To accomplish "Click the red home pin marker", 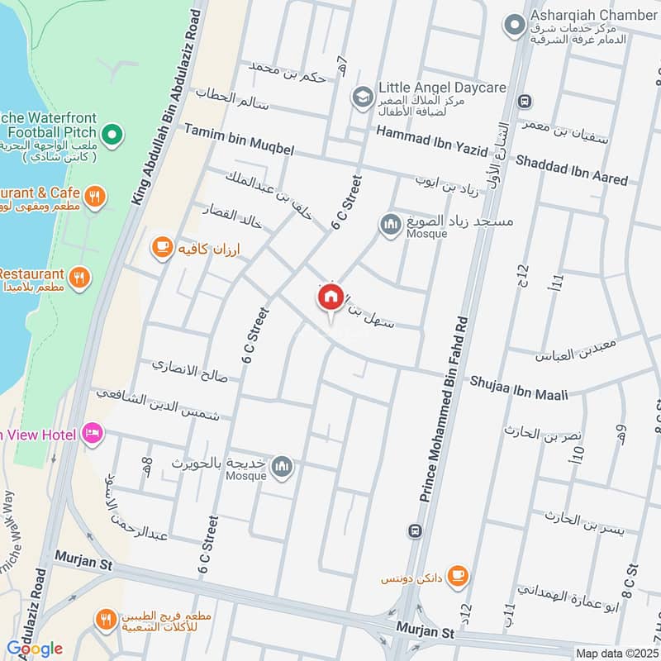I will point(330,297).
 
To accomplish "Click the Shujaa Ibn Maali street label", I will point(520,388).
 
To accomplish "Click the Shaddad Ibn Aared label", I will point(571,169).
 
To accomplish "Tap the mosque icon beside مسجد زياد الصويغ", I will point(389,224).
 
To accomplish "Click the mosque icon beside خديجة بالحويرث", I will point(283,468).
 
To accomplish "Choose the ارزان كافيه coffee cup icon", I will point(161,246).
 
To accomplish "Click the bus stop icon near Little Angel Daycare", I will point(523,101).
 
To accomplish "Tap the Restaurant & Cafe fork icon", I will point(96,197).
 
